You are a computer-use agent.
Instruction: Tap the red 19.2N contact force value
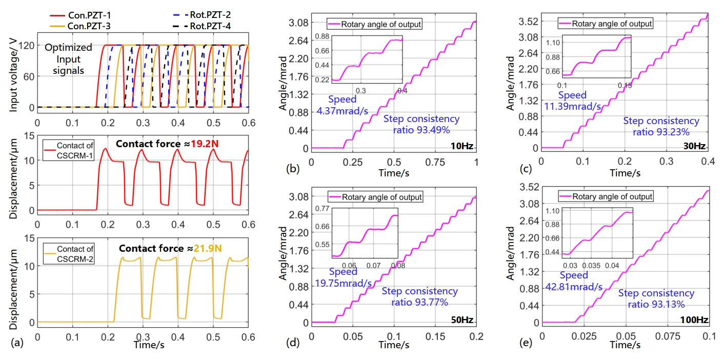(206, 144)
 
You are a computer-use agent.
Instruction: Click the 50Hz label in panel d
(462, 321)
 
